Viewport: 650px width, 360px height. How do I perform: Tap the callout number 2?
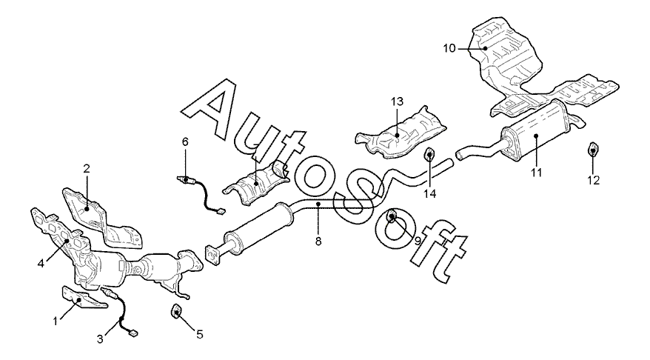86,168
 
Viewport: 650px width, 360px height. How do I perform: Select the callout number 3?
101,339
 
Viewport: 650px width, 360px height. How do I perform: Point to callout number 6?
186,140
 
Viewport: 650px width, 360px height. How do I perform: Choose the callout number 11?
536,172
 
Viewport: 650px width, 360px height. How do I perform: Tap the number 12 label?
594,179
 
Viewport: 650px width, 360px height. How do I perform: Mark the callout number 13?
397,101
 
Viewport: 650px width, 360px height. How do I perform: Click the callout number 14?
429,193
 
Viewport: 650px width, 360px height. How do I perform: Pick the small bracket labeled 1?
76,299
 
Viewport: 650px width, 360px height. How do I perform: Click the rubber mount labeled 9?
392,217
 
